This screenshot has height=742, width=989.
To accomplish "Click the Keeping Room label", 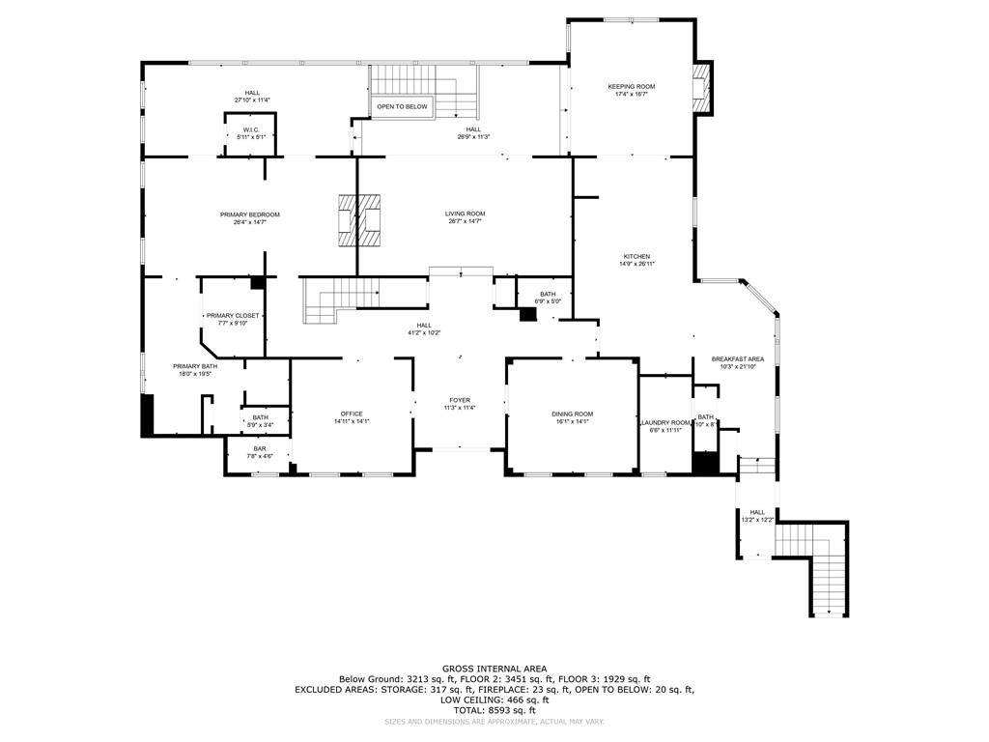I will pos(631,87).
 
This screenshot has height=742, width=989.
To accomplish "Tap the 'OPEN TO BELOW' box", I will pos(402,106).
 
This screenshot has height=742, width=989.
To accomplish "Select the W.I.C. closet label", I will pos(250,129).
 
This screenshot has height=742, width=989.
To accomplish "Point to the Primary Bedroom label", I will pos(249,214).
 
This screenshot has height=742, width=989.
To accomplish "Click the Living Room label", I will pos(465,214).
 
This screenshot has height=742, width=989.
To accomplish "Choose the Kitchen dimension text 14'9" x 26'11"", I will pos(636,264).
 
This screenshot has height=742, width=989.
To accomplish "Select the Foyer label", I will pos(460,400).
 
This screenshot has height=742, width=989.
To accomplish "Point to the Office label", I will pos(351,414).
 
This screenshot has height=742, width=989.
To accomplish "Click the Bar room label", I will pos(260,448).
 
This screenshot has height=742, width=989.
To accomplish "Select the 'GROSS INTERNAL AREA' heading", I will pos(494,669).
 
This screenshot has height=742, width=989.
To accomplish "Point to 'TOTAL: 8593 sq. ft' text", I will pos(494,711).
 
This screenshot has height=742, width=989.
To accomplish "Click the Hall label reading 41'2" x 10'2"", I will pos(423,326).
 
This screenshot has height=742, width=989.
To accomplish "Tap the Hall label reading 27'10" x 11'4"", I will pos(252,93).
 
